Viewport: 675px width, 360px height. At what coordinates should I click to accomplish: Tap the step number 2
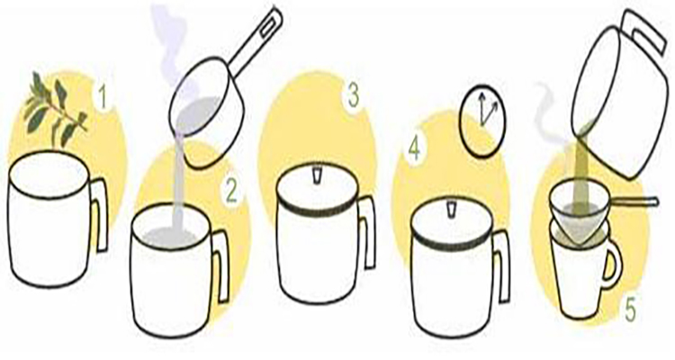[231, 191]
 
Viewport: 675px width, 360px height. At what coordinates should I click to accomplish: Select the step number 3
[354, 97]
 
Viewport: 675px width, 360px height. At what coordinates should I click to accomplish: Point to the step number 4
[414, 149]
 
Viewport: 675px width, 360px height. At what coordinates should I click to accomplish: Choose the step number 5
[630, 310]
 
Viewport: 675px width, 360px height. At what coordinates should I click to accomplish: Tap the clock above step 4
[482, 120]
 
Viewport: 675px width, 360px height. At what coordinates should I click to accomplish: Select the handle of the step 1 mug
[100, 214]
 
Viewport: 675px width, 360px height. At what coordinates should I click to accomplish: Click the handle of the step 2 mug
[220, 265]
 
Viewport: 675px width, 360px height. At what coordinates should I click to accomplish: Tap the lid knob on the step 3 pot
[317, 174]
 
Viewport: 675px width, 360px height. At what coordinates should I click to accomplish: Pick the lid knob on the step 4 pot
[452, 209]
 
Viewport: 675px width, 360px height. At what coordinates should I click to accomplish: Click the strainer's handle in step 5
[634, 201]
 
